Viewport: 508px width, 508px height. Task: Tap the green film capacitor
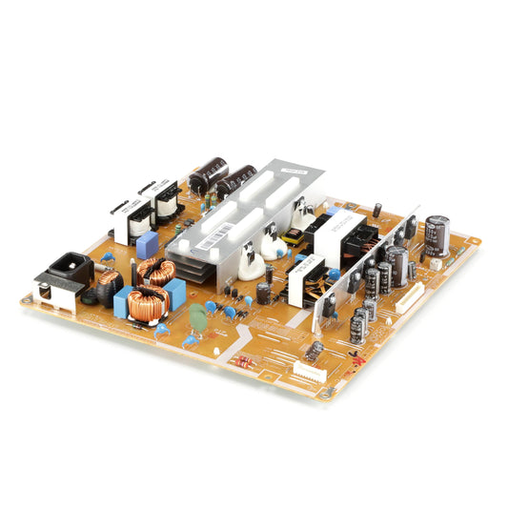(197, 315)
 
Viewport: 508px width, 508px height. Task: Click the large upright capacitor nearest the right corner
(437, 234)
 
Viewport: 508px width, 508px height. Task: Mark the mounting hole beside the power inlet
(28, 301)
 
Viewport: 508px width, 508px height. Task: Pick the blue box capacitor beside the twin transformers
(147, 244)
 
